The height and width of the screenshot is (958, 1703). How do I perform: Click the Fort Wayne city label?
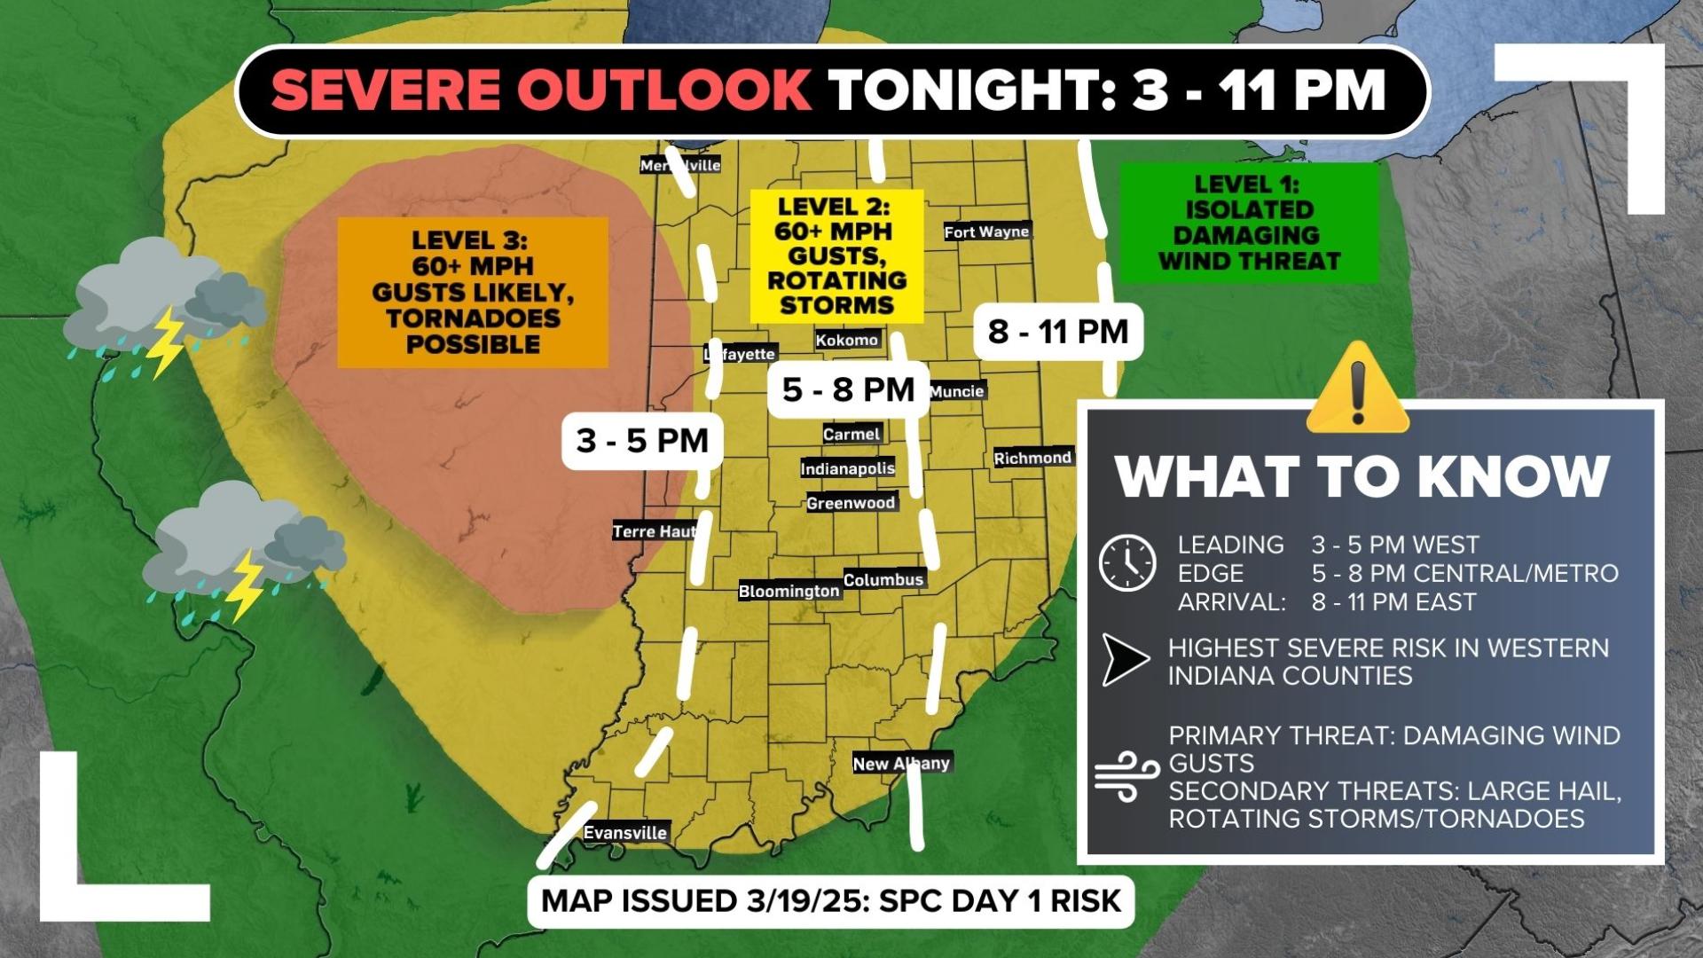986,232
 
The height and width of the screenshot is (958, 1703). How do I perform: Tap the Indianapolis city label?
847,468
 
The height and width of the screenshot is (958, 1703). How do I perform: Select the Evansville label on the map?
625,832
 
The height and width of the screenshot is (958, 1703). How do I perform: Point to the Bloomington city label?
789,591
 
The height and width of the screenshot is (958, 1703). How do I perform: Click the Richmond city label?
1032,458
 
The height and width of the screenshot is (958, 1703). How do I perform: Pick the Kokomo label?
847,340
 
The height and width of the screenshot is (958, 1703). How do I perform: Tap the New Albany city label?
901,763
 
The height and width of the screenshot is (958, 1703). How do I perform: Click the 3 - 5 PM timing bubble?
642,440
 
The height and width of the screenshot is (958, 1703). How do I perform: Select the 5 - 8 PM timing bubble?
848,389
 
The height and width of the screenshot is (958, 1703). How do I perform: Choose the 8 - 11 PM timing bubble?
1057,331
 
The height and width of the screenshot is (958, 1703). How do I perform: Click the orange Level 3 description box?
473,293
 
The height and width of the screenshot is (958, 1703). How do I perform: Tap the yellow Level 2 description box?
836,255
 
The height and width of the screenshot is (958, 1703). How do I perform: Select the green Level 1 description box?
1248,223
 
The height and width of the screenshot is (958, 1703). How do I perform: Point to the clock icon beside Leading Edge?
1127,562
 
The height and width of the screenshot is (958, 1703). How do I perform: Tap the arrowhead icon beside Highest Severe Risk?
1124,660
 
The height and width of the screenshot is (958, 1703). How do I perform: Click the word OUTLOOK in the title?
663,90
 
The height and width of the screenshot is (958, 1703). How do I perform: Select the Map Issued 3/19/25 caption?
831,900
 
